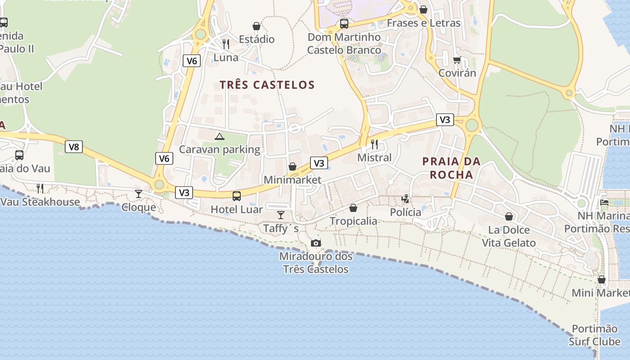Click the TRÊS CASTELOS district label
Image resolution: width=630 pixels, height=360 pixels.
pos(267,85)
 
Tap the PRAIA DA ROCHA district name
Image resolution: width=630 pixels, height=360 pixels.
pos(451,168)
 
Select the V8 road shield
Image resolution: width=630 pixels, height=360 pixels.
pos(74,146)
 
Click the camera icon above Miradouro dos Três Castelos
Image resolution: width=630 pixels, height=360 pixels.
pos(316,243)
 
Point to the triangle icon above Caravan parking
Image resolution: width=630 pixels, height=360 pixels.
pos(219,136)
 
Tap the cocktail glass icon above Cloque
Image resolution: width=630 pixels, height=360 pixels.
pos(139,194)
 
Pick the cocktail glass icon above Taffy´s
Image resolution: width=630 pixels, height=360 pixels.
pos(281,215)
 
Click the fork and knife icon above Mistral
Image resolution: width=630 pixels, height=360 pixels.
pos(374,144)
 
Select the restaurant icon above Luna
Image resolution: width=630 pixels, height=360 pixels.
pos(226,44)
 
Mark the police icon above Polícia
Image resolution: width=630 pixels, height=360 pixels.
pos(405,198)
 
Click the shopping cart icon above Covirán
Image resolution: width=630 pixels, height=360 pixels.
pos(457,60)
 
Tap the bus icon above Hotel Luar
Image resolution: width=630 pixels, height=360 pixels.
pos(237,196)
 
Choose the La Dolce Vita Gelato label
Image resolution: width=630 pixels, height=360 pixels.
pos(509,236)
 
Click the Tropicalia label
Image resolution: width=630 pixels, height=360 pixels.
pos(353,221)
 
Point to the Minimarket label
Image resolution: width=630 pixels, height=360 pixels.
pos(292,180)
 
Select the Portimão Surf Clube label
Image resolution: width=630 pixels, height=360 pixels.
pos(595,335)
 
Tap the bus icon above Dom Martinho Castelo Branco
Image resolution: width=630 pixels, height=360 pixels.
pos(344,23)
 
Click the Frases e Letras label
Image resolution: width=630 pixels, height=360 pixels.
pos(423,23)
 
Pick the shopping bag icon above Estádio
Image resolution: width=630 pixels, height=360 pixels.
pos(256,26)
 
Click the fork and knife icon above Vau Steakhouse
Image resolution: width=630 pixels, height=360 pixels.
pos(40,188)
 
